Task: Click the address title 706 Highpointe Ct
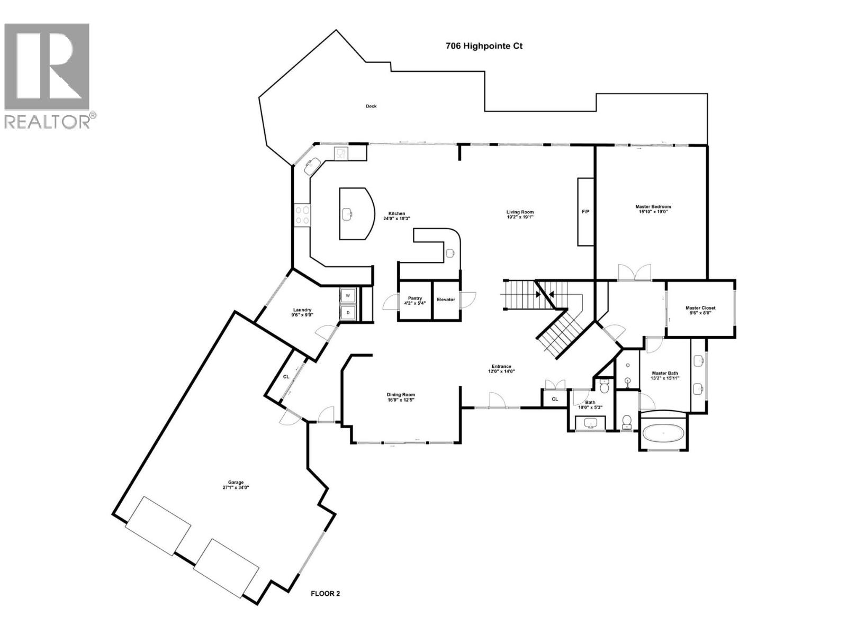click(x=484, y=46)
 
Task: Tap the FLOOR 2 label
click(x=325, y=593)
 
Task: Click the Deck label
click(x=371, y=106)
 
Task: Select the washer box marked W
click(x=348, y=295)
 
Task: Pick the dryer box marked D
click(x=348, y=313)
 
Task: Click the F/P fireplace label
click(x=585, y=212)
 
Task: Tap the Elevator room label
click(x=446, y=300)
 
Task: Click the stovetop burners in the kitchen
click(x=302, y=215)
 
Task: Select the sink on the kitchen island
click(x=347, y=214)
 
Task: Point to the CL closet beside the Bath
click(x=555, y=399)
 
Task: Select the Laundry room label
click(x=302, y=310)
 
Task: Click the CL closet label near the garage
click(x=286, y=377)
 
